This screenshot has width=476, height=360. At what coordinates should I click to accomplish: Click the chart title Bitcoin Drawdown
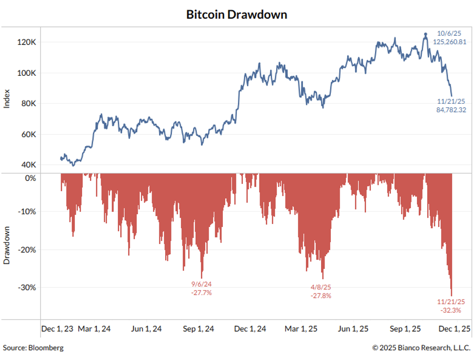[x=237, y=15]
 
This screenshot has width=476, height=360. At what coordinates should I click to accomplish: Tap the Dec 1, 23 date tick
[x=57, y=329]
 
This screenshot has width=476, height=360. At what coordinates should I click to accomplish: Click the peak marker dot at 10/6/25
[x=426, y=34]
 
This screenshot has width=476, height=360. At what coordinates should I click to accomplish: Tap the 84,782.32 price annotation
[x=451, y=110]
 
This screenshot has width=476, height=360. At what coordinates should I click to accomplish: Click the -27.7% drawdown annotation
[x=201, y=292]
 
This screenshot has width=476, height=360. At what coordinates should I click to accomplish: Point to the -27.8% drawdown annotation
[x=321, y=295]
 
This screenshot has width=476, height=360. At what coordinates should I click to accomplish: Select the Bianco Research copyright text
[x=422, y=348]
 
